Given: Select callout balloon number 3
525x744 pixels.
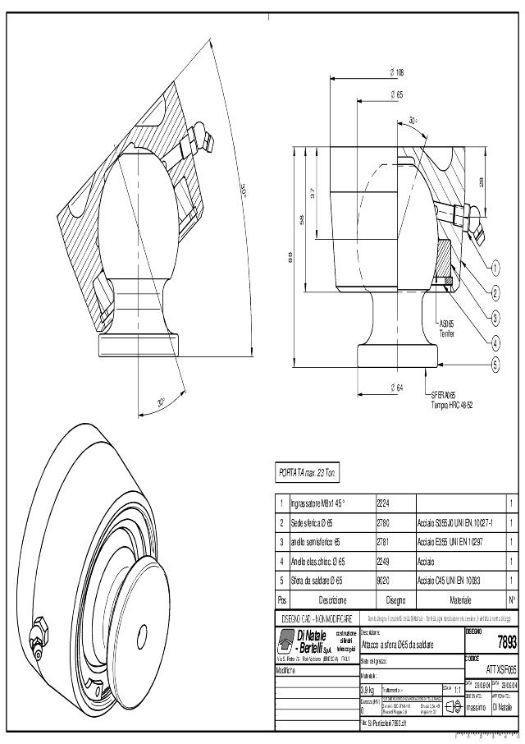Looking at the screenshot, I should click(495, 316).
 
